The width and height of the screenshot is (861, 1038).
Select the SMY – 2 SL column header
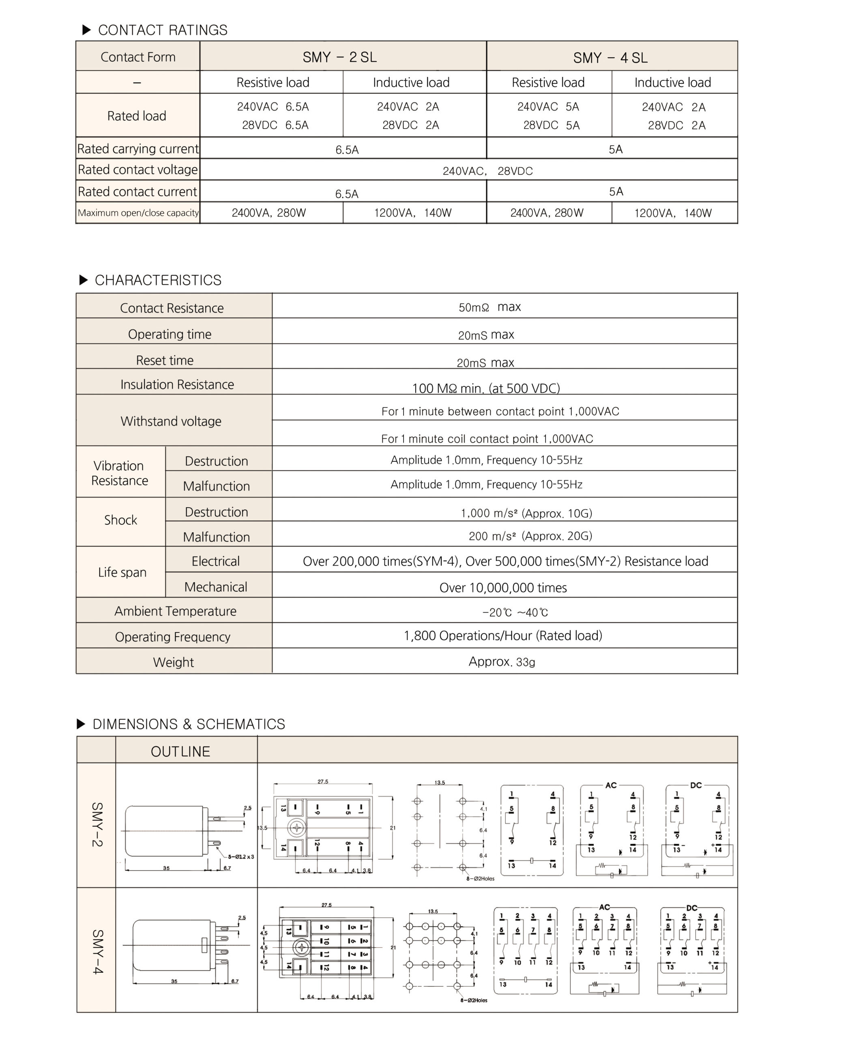pos(339,57)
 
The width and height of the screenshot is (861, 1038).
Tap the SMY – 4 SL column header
pos(610,58)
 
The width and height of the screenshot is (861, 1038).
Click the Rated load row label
pos(137,116)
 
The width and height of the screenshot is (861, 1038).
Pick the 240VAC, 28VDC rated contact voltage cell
pos(487,171)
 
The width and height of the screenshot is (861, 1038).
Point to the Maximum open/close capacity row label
pos(138,213)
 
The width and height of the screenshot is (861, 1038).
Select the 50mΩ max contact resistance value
pos(490,307)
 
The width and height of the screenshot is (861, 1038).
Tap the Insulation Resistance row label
pos(177,384)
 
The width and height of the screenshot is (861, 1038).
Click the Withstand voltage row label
pos(171,421)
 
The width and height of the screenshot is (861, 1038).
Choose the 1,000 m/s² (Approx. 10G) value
pos(526,513)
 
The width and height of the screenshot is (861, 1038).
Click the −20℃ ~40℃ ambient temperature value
pos(515,612)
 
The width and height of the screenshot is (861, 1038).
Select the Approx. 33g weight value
pos(502,662)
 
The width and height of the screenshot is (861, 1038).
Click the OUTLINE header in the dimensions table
pos(180,752)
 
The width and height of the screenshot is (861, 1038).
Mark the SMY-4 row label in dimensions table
pos(97,952)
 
